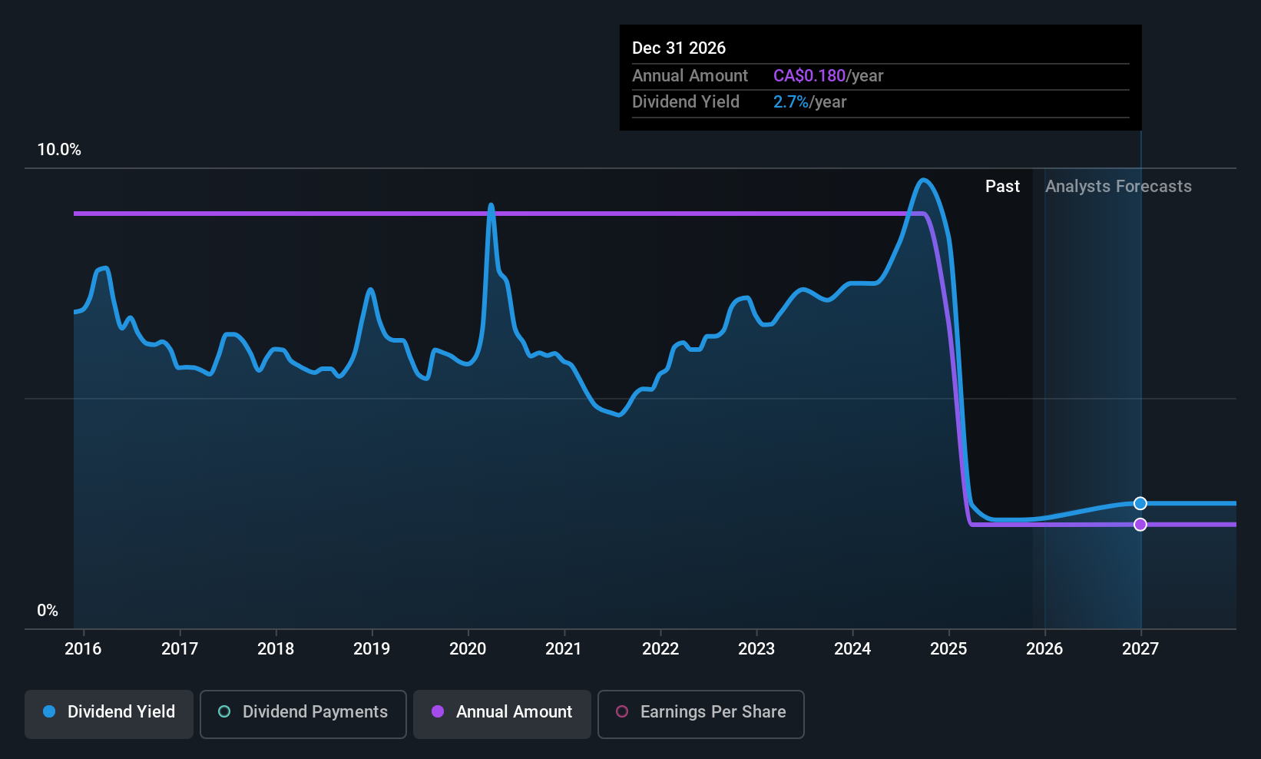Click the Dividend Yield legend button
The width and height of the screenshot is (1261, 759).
click(x=109, y=712)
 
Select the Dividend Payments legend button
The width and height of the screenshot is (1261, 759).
click(x=303, y=712)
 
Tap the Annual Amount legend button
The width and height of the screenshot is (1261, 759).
click(x=502, y=712)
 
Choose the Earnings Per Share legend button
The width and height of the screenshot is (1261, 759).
click(x=700, y=712)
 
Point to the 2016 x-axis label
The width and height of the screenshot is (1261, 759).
click(x=83, y=649)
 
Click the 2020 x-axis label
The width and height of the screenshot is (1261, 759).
click(x=468, y=649)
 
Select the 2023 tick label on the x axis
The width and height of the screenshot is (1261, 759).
click(x=756, y=649)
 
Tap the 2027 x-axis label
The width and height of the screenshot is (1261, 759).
click(x=1140, y=649)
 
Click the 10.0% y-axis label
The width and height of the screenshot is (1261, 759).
click(x=59, y=150)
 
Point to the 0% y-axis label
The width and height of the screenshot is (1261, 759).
click(x=48, y=611)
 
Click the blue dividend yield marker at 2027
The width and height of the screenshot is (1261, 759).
click(x=1140, y=503)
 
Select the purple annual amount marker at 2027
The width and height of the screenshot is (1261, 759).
click(x=1140, y=525)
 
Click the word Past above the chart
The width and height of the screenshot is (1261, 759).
click(x=1002, y=187)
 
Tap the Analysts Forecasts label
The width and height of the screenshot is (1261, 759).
click(x=1118, y=187)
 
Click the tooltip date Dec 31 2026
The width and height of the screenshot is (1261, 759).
click(x=679, y=48)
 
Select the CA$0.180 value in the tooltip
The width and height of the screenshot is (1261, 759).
click(x=809, y=76)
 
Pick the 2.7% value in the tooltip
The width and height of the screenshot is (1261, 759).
click(x=790, y=102)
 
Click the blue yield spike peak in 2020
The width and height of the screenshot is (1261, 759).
click(x=491, y=205)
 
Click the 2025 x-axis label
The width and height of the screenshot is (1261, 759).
click(x=948, y=649)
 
